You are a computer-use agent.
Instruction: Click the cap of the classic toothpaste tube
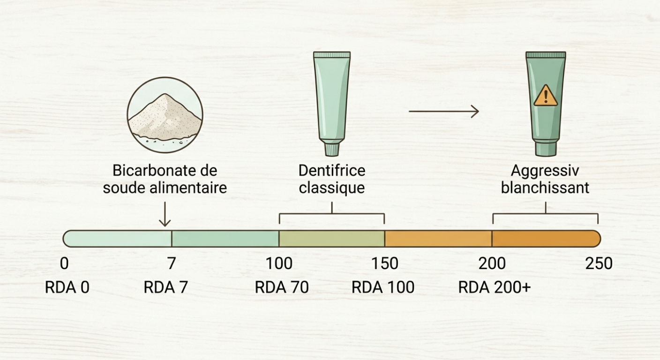point(332,149)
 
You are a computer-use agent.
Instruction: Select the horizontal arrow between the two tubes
point(443,111)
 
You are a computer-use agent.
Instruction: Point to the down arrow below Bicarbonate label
point(165,214)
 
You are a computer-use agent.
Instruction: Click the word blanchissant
point(545,188)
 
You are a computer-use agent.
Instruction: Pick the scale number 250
point(599,263)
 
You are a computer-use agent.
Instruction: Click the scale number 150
point(385,263)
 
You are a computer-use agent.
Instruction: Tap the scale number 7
point(172,263)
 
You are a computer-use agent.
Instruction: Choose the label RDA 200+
point(494,287)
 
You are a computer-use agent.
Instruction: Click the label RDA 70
point(282,287)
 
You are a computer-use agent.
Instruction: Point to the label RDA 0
point(67,287)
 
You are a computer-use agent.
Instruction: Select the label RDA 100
point(383,287)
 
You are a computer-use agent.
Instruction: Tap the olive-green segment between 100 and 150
point(332,239)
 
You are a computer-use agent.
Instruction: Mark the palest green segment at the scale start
point(117,239)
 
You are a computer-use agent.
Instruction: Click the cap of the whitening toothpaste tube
point(546,149)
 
